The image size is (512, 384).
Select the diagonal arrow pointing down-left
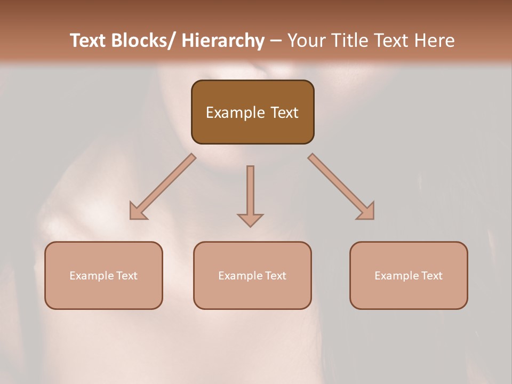pyautogui.click(x=163, y=187)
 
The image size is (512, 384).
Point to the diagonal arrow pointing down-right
pyautogui.click(x=341, y=187)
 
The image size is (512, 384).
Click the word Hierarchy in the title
pyautogui.click(x=223, y=41)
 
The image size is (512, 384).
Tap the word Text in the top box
pyautogui.click(x=284, y=113)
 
